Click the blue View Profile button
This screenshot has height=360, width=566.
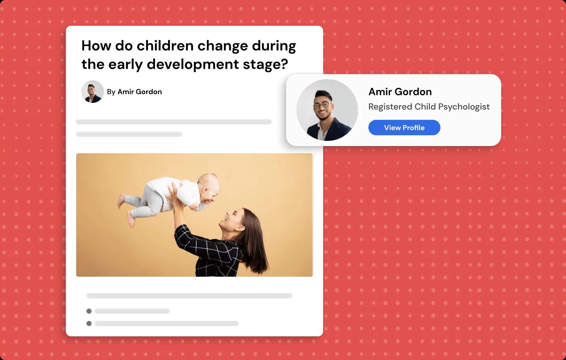coord(404,128)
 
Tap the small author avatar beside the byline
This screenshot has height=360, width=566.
coord(93,92)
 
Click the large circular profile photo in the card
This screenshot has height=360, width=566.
coord(327,110)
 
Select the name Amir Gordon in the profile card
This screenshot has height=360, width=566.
coord(400,92)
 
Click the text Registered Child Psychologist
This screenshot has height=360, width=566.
coord(429,107)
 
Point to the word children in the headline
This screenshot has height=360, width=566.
coord(165,46)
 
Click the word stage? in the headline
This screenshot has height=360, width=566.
coord(265,64)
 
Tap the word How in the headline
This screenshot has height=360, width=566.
coord(96,46)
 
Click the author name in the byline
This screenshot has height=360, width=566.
coord(140,92)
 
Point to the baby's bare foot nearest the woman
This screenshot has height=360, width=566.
coord(131,219)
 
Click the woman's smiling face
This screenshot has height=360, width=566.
coord(230,220)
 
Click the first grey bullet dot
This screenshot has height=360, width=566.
coord(89,311)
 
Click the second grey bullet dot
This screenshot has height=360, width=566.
coord(89,323)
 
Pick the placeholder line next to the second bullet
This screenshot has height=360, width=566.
coord(167,323)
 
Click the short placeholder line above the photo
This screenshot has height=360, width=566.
coord(129,134)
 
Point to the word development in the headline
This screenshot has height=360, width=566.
coord(193,64)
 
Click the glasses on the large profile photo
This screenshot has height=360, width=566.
coord(322,105)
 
